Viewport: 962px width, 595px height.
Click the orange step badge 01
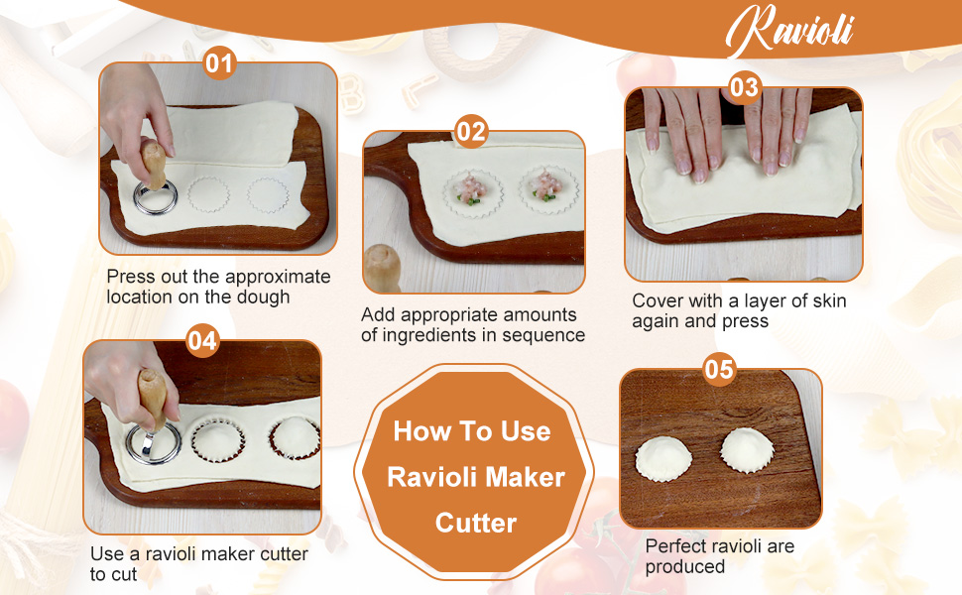(x=218, y=64)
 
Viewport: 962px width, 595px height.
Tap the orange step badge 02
(x=472, y=131)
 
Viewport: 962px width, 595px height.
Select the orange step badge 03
(x=744, y=87)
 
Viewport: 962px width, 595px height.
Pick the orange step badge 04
(x=202, y=341)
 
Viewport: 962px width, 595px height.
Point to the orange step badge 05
(x=719, y=370)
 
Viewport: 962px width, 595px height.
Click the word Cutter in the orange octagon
(x=476, y=522)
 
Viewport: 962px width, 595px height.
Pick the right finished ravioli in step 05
(x=747, y=449)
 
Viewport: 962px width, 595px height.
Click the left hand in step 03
(x=685, y=134)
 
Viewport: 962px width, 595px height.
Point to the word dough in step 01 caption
(x=264, y=297)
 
